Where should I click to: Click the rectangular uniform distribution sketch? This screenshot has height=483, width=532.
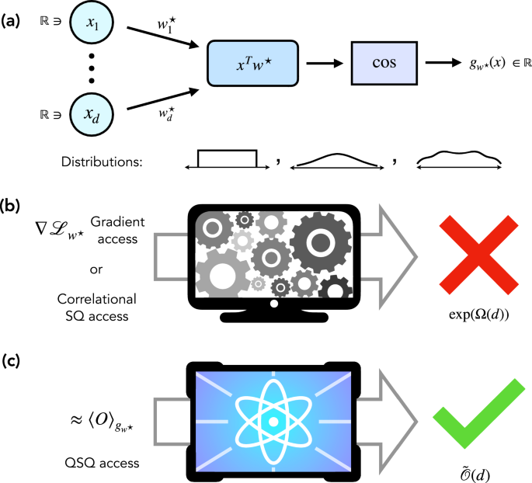tap(226, 160)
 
